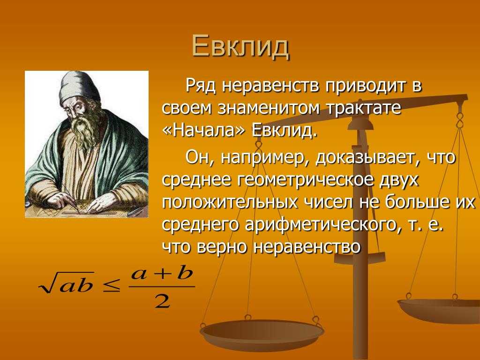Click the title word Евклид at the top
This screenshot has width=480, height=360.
pyautogui.click(x=240, y=47)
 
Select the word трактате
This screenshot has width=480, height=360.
pyautogui.click(x=364, y=108)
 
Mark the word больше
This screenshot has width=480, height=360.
pyautogui.click(x=415, y=202)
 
